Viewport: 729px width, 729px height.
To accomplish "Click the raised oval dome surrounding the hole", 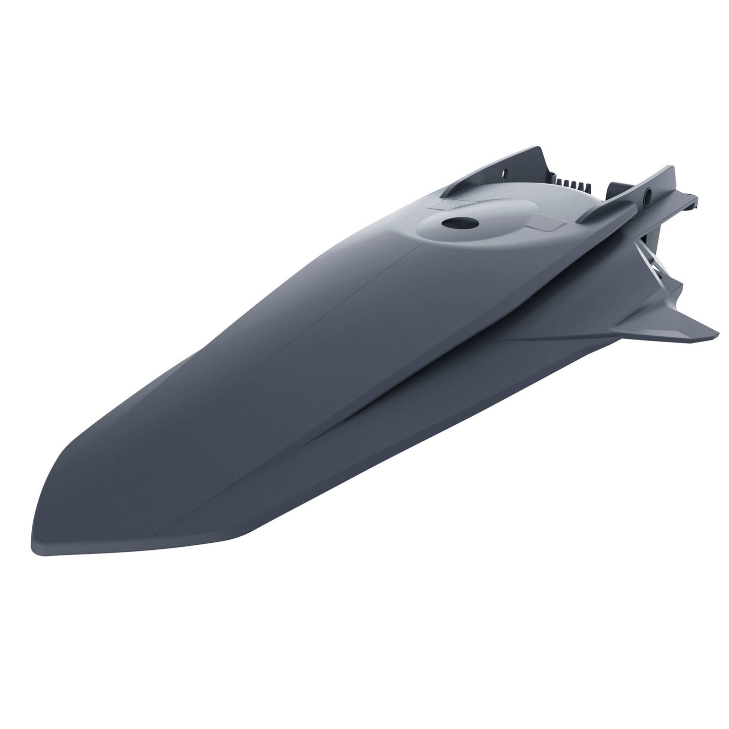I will click(484, 227).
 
